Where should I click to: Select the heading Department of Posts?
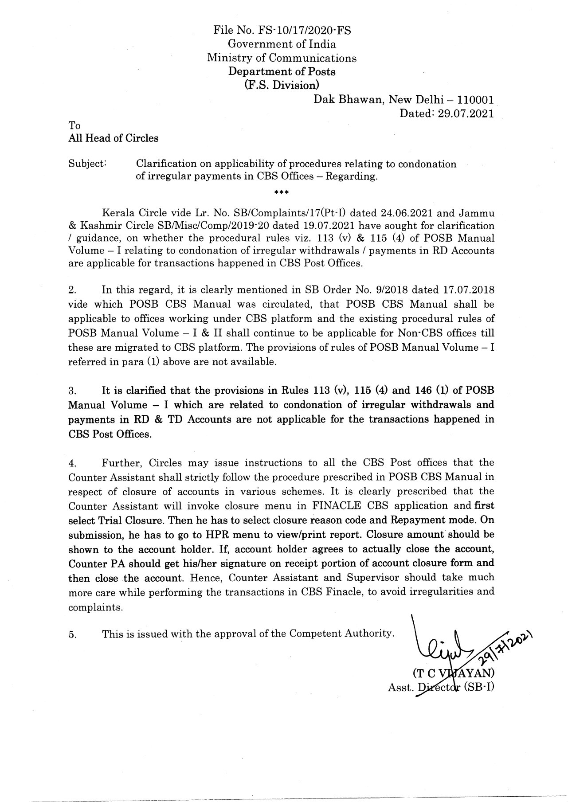282,71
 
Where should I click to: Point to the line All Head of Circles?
113,138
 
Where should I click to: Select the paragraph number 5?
73,634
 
